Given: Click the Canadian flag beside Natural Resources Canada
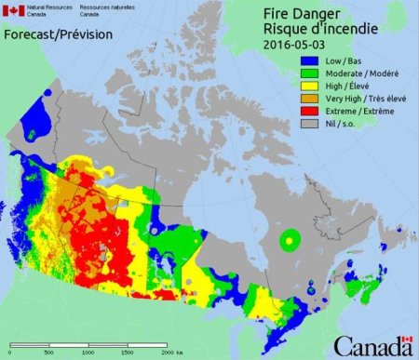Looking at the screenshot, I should coord(15,11).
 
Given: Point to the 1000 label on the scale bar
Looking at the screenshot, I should coord(88,354).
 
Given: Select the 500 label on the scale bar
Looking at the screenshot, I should coord(48,354).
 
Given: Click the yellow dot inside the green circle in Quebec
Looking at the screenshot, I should coord(291,241).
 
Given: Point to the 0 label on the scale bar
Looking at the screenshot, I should coord(10,354).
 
